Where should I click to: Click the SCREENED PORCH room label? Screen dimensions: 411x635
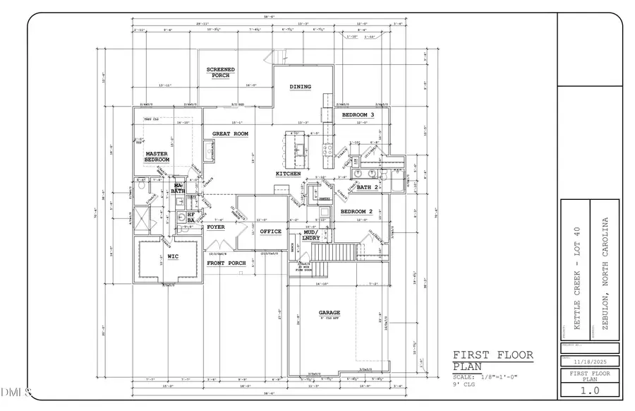click(x=220, y=72)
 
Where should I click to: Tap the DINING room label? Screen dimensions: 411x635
click(x=301, y=87)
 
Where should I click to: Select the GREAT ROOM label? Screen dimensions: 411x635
click(x=231, y=133)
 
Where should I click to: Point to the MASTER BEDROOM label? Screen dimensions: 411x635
click(x=157, y=156)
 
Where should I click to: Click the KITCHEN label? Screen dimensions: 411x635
click(x=289, y=174)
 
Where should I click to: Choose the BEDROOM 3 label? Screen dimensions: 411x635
click(x=358, y=114)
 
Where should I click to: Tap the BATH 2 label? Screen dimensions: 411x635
click(x=368, y=187)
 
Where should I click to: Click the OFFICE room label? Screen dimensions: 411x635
click(x=270, y=232)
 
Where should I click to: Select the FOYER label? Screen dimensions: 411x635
click(x=216, y=227)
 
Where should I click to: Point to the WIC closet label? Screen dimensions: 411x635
click(x=171, y=256)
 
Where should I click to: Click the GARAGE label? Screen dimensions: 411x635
click(x=329, y=312)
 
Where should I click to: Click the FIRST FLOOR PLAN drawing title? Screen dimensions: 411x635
click(x=492, y=359)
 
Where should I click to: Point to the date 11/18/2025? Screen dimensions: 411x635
click(x=589, y=359)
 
